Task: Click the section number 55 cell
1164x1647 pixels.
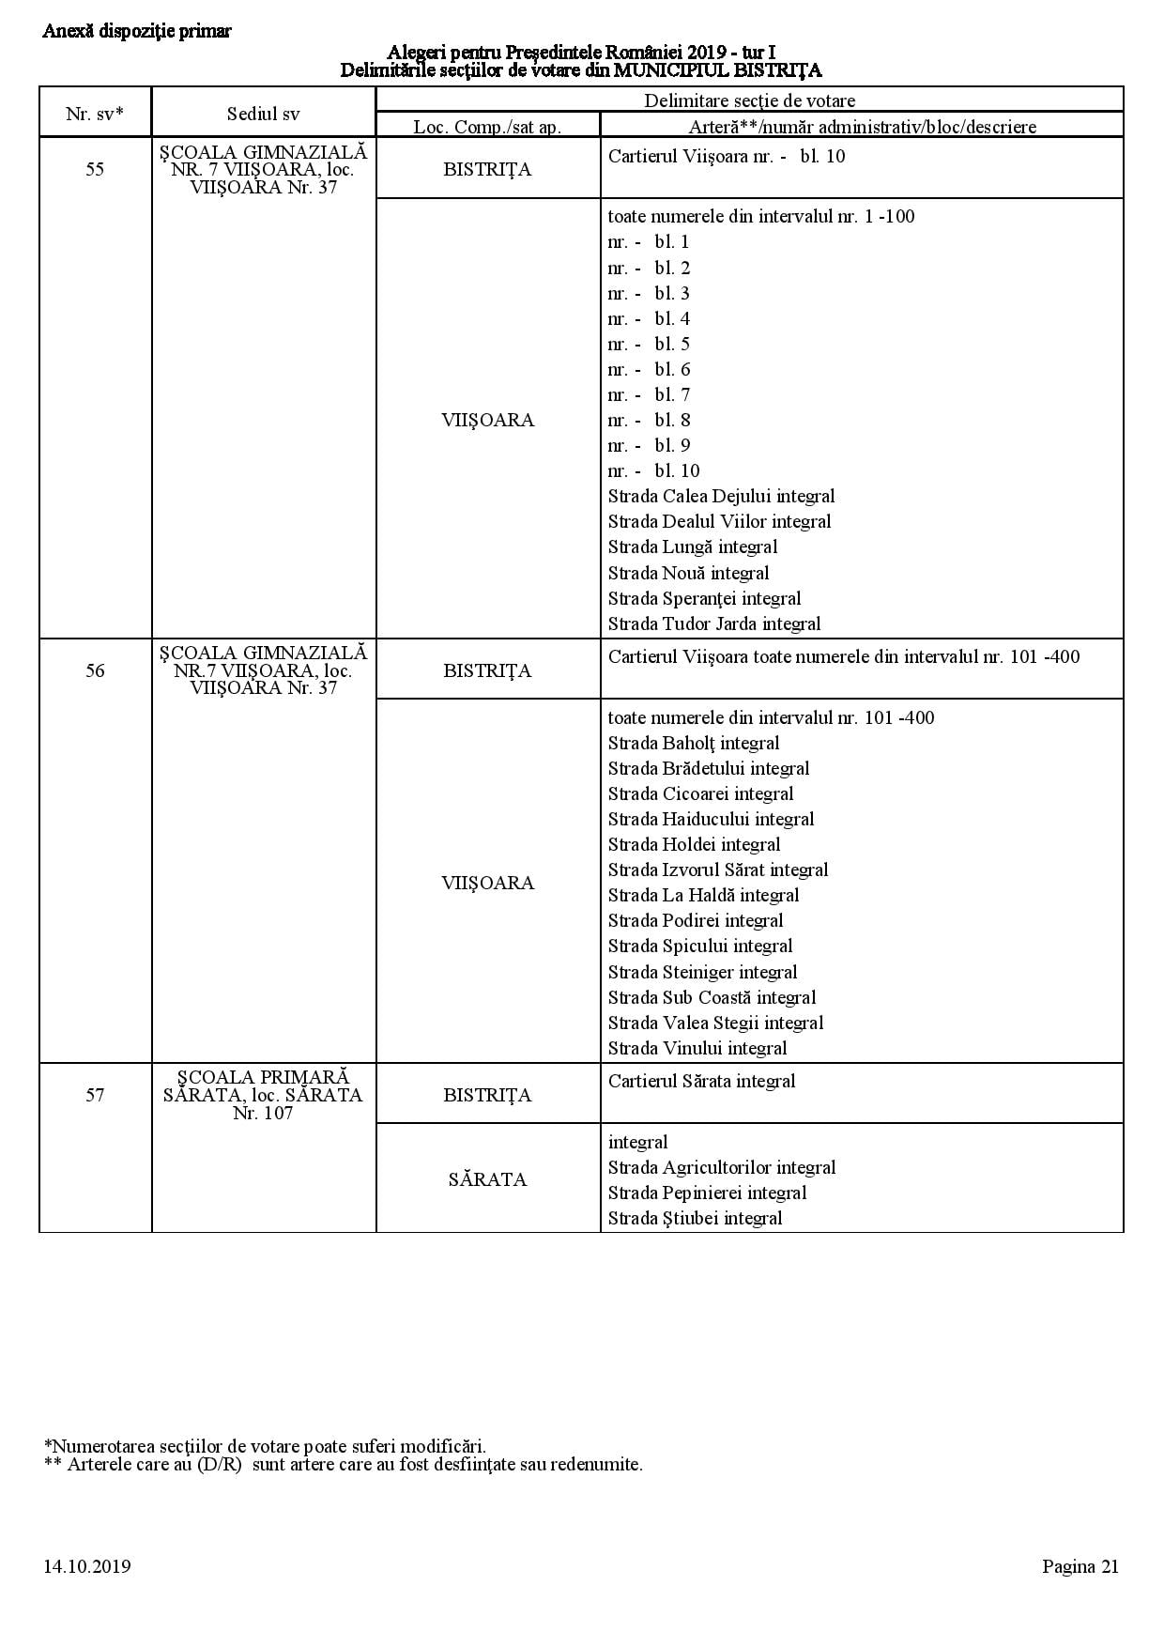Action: tap(95, 170)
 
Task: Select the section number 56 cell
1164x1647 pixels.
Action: tap(95, 670)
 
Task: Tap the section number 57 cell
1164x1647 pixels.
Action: tap(95, 1095)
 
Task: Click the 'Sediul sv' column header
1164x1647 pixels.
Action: tap(263, 114)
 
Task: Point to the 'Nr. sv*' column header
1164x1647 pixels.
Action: tap(95, 114)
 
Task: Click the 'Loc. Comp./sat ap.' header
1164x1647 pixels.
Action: tap(487, 126)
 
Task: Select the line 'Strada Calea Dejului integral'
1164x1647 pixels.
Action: tap(721, 496)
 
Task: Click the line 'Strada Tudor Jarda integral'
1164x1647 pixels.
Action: tap(713, 623)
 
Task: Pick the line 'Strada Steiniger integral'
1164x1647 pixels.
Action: tap(702, 972)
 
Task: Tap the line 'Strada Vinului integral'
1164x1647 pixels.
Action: tap(697, 1048)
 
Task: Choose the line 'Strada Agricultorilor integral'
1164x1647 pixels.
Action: tap(721, 1167)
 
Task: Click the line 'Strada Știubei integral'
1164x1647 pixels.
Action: tap(695, 1218)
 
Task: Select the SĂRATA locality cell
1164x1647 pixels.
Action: tap(487, 1179)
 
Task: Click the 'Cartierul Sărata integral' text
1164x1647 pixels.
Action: tap(701, 1081)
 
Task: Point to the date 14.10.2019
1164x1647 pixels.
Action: tap(86, 1566)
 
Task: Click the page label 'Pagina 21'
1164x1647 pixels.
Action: tap(1080, 1566)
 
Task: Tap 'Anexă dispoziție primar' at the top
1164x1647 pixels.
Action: tap(137, 31)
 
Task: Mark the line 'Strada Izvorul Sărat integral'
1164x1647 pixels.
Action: tap(717, 870)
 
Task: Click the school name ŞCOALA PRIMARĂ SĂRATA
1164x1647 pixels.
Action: tap(263, 1085)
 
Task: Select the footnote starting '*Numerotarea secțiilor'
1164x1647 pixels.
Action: tap(265, 1446)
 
